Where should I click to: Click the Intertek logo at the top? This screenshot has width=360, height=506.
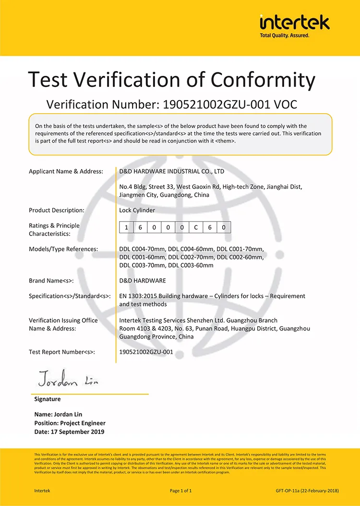[294, 23]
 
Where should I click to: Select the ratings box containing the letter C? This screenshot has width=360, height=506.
[196, 227]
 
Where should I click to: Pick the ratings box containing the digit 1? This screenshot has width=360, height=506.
[126, 227]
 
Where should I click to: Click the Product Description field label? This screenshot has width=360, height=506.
[57, 210]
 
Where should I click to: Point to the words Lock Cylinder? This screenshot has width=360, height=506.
[137, 210]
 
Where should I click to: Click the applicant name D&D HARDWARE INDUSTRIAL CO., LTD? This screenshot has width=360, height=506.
[171, 171]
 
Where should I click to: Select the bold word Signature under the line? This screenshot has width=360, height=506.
[48, 399]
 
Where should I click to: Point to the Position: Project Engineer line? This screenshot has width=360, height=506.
[70, 423]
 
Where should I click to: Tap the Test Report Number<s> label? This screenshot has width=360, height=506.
[62, 352]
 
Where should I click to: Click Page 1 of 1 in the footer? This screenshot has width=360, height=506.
[180, 491]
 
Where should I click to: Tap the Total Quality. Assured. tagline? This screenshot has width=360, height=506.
[285, 35]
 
